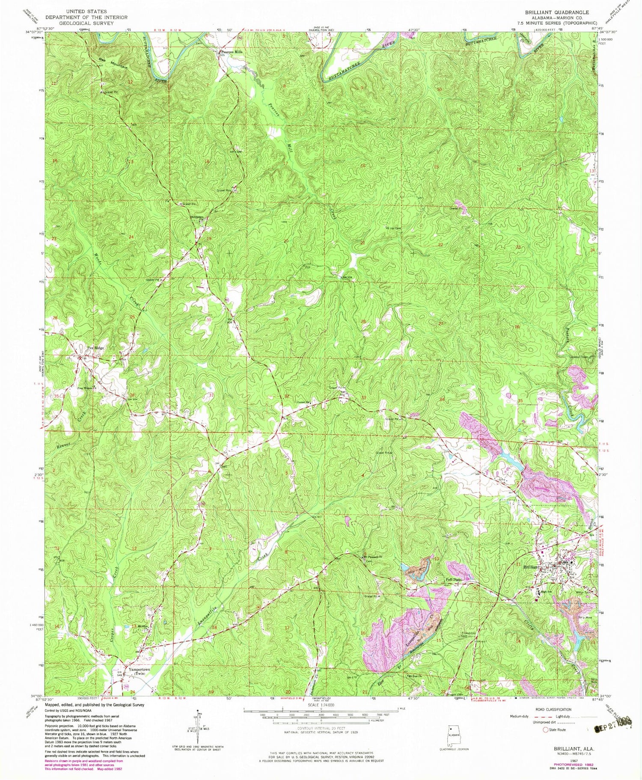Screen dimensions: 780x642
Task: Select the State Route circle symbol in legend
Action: coord(546,730)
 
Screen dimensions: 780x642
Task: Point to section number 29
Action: coord(285,320)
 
